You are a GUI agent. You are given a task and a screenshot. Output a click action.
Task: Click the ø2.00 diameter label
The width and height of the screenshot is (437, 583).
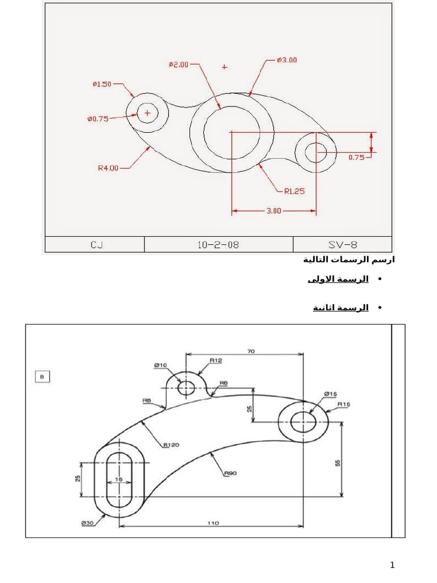click(179, 65)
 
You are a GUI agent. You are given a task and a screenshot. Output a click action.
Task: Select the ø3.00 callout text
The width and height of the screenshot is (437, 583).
click(287, 60)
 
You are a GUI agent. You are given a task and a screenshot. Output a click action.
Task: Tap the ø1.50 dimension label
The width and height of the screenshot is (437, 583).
click(102, 84)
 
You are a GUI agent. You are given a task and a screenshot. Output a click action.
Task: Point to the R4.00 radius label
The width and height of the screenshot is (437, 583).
click(108, 168)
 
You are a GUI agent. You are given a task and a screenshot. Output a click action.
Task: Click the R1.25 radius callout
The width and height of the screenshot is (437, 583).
click(294, 191)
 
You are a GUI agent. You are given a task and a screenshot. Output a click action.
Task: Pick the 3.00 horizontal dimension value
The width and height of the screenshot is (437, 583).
click(274, 211)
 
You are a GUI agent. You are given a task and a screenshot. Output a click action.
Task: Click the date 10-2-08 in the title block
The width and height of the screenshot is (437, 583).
click(218, 245)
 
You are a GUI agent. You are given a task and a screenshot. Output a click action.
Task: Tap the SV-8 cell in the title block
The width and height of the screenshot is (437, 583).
click(343, 245)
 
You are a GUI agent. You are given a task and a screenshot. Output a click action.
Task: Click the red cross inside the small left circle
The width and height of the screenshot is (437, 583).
click(148, 113)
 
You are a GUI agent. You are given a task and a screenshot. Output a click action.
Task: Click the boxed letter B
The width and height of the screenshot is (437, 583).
click(42, 376)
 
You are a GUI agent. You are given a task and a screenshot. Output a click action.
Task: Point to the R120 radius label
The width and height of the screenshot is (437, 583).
click(171, 445)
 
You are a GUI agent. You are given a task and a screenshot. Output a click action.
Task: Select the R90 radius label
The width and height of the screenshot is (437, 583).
click(230, 473)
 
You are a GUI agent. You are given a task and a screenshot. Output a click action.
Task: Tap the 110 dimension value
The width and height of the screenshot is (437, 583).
click(213, 522)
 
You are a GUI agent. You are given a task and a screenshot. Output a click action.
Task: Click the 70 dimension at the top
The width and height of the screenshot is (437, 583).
click(250, 352)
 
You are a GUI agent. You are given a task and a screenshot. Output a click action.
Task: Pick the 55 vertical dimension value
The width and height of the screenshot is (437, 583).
click(337, 463)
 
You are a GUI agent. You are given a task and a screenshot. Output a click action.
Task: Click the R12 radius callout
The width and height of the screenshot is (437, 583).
click(216, 360)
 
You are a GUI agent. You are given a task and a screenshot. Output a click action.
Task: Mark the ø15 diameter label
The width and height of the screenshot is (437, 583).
click(331, 393)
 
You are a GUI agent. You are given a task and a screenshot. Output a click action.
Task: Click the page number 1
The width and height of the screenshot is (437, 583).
click(392, 565)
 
